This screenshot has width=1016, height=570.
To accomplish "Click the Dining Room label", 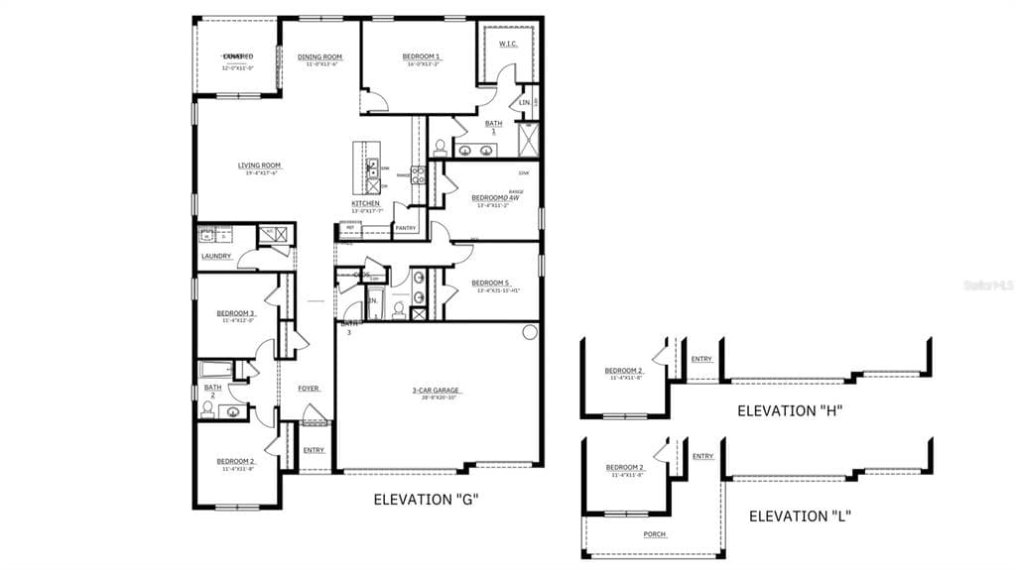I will pyautogui.click(x=319, y=57).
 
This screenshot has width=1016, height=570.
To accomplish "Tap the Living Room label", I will pyautogui.click(x=259, y=166).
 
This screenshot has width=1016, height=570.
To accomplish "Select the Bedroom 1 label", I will pyautogui.click(x=422, y=57).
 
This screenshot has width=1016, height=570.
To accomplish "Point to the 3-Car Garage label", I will pyautogui.click(x=438, y=390).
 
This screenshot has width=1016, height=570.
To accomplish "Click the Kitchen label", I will pyautogui.click(x=365, y=203).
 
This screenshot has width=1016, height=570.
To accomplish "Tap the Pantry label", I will pyautogui.click(x=405, y=228).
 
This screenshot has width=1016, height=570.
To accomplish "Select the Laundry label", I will pyautogui.click(x=216, y=256).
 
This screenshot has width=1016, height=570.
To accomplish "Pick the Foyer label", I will pyautogui.click(x=309, y=388).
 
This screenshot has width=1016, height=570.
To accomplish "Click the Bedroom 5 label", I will pyautogui.click(x=490, y=283).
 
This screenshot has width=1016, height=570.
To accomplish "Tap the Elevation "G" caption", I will pyautogui.click(x=427, y=500).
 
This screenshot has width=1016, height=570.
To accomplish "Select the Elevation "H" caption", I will pyautogui.click(x=790, y=410).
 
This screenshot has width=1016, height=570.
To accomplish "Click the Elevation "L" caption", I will pyautogui.click(x=800, y=515).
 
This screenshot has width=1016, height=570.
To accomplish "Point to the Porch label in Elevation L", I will pyautogui.click(x=655, y=534).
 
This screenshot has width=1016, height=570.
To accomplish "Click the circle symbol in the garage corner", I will pyautogui.click(x=530, y=332).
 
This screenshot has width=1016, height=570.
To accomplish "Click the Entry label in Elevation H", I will pyautogui.click(x=701, y=359).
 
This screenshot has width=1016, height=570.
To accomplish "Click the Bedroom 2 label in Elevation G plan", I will pyautogui.click(x=236, y=461).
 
